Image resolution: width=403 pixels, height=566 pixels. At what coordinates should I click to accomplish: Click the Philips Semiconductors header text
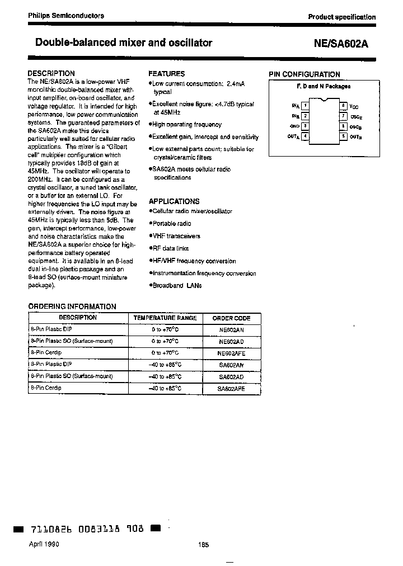coord(66,16)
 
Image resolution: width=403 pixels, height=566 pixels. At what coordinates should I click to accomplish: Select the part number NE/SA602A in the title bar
coord(343,44)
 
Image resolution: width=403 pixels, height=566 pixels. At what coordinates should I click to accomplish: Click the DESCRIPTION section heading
coord(51,73)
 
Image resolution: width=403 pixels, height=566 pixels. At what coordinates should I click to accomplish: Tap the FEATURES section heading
coord(166,73)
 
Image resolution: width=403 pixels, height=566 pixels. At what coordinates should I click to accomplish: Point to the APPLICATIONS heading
coord(174,201)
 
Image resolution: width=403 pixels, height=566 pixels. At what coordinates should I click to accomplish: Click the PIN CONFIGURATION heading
coord(304,74)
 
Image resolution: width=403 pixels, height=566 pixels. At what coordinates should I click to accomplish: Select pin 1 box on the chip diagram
coord(304,105)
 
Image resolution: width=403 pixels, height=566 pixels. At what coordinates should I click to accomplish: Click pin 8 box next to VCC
coord(343,105)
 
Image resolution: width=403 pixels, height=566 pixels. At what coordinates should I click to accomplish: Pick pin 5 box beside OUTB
coord(343,136)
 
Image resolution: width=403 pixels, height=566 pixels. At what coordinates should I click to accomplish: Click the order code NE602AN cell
coord(231,330)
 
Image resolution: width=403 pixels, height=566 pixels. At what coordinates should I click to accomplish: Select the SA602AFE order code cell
coord(231,388)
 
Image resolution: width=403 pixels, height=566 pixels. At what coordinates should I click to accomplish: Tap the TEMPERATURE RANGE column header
coord(165,318)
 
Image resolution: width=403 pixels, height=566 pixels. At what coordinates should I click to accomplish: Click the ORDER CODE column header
coord(231,318)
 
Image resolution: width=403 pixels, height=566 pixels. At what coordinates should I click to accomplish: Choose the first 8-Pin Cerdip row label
coord(46,353)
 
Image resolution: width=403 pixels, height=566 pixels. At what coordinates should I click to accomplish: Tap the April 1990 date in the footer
coord(43,544)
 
